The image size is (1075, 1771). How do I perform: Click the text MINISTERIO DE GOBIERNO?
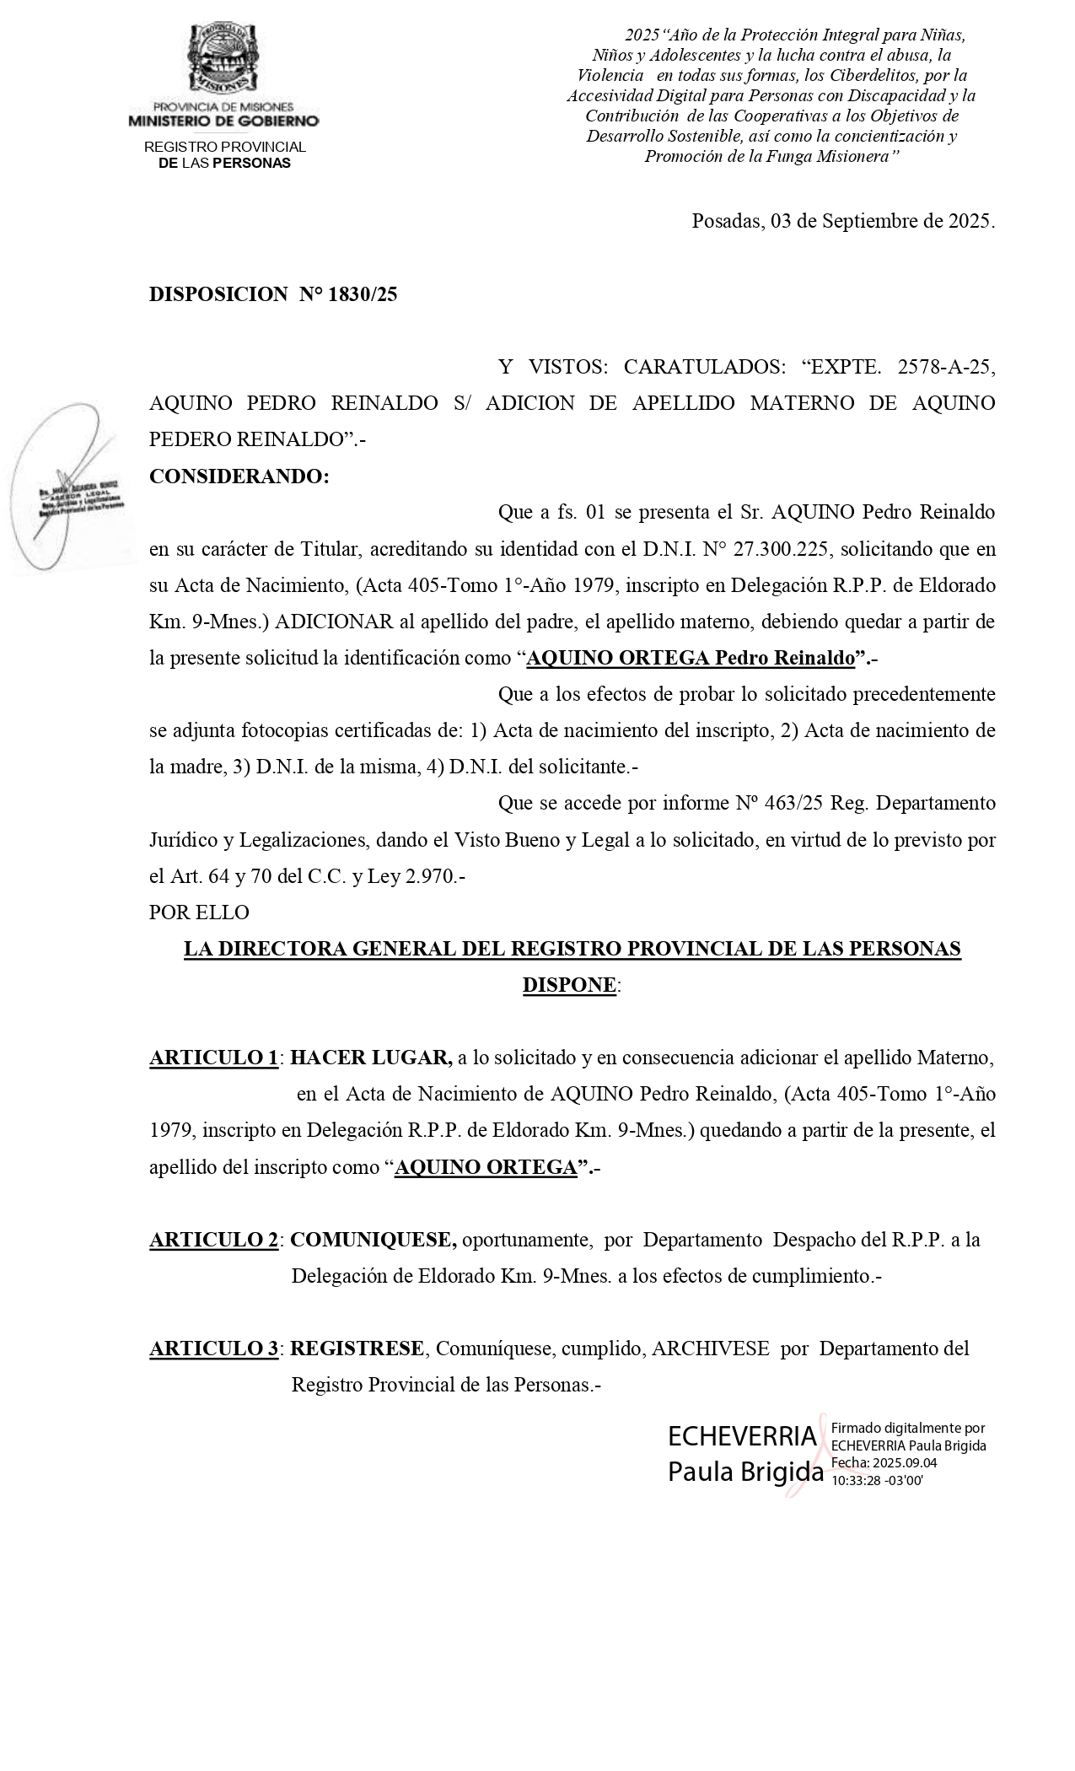point(223,121)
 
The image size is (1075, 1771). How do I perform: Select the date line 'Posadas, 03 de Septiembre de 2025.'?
point(842,222)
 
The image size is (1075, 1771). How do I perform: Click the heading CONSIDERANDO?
point(239,476)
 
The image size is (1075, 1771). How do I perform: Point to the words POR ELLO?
point(199,912)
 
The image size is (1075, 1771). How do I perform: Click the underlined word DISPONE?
point(569,985)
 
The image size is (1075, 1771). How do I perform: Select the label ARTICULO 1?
point(213,1058)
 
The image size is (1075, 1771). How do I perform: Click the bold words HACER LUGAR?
point(371,1058)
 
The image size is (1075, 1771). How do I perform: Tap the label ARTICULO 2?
point(213,1240)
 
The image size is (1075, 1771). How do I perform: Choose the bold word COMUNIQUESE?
point(373,1240)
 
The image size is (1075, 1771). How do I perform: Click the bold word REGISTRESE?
point(357,1348)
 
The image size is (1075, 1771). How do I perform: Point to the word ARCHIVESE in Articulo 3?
point(710,1348)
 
